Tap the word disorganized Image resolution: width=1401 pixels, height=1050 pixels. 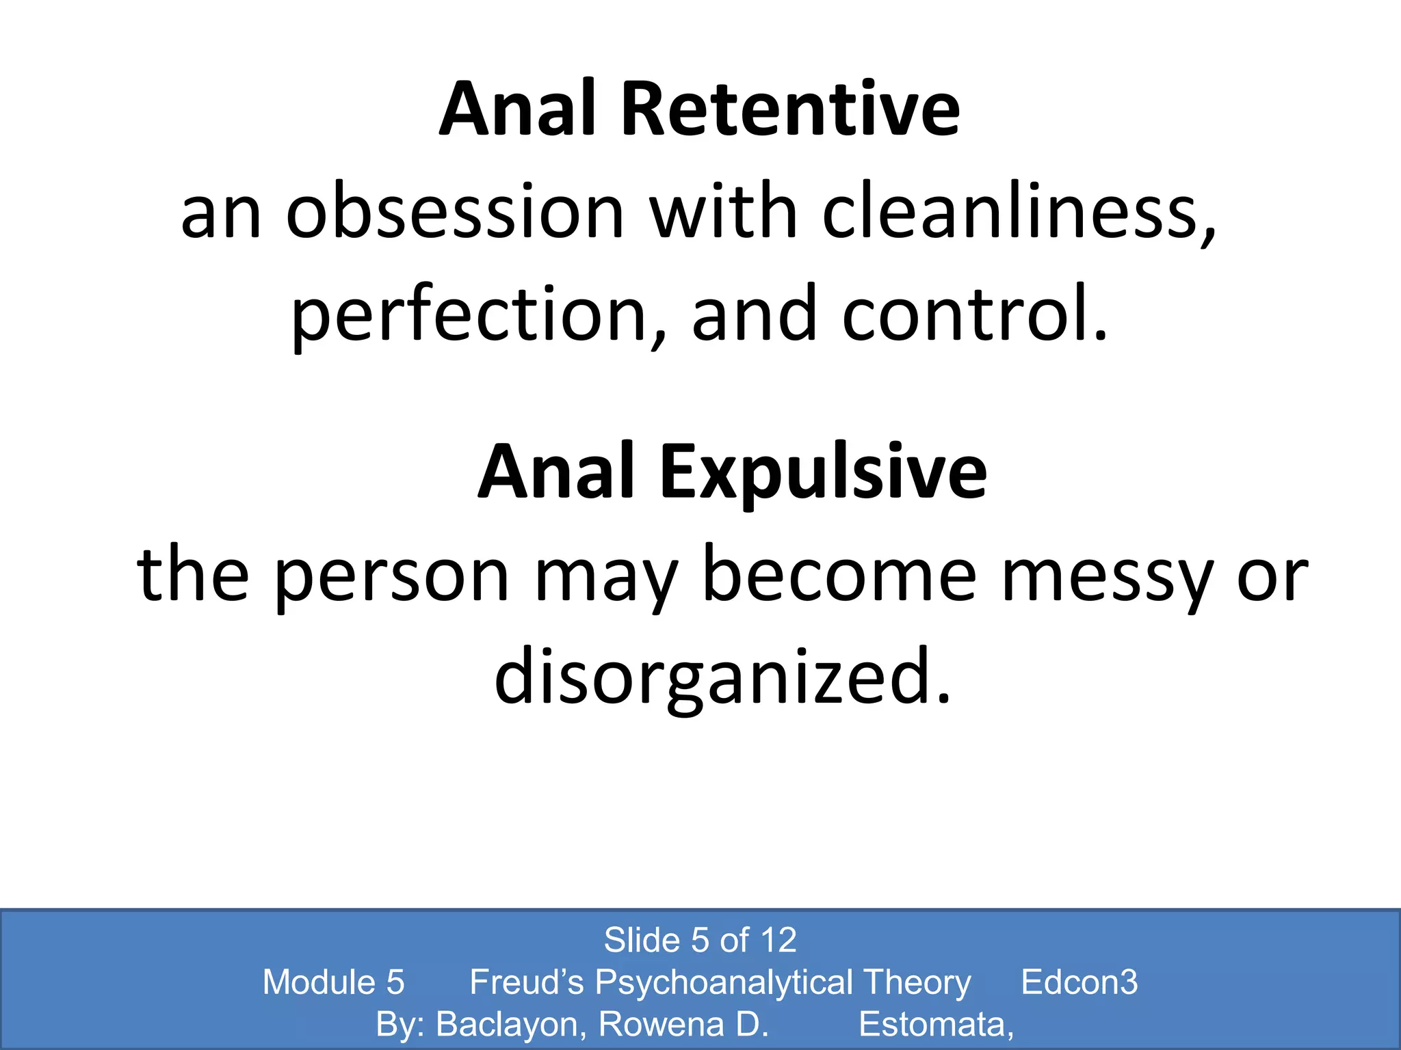pos(722,677)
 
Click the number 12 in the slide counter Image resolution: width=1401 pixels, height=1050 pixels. pos(778,940)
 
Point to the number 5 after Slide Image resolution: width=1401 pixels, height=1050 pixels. pos(700,940)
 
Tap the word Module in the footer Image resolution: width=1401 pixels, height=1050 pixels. pos(319,982)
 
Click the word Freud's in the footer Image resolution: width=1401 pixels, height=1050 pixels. pos(526,982)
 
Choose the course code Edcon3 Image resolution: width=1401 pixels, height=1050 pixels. pos(1079,982)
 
